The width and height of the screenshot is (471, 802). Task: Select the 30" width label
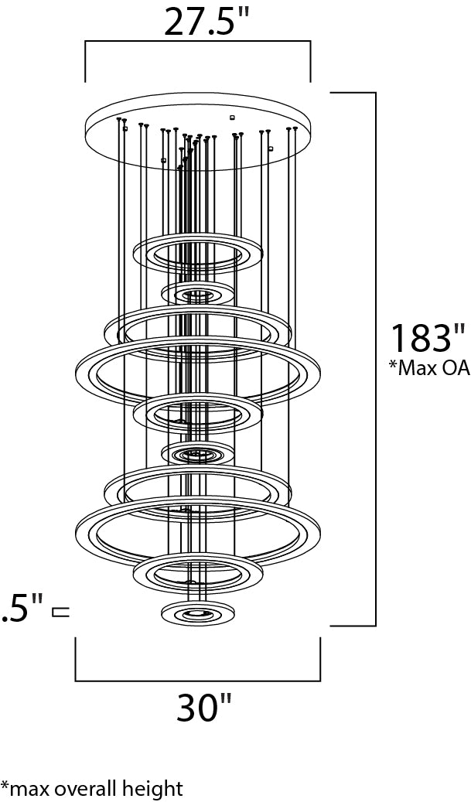(204, 707)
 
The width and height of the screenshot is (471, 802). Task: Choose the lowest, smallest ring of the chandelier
(198, 613)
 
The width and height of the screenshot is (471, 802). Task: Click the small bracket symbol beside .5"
(60, 613)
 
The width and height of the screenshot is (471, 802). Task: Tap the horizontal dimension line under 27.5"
(198, 43)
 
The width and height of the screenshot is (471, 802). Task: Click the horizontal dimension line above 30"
(198, 681)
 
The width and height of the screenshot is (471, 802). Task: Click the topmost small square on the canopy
(231, 117)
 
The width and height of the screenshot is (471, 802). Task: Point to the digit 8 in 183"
(427, 339)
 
